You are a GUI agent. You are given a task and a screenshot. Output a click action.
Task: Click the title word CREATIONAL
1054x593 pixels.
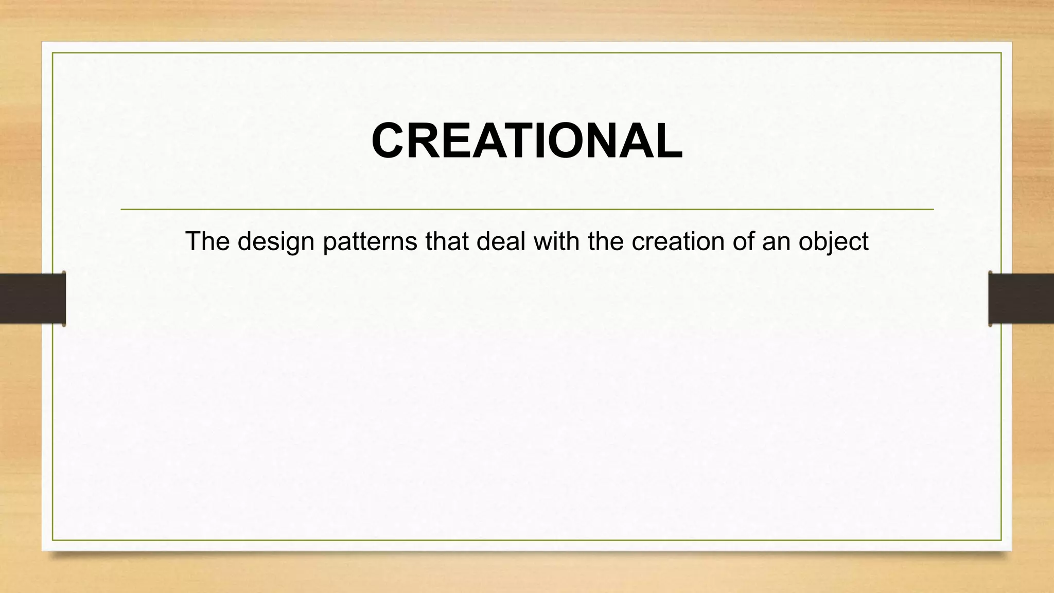[x=526, y=141]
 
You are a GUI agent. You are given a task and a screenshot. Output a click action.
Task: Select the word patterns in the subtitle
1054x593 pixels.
[x=370, y=241]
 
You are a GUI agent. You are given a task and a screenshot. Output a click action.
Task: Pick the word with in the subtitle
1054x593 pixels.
[x=557, y=241]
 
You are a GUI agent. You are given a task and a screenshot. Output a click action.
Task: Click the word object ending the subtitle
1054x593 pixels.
[x=833, y=242]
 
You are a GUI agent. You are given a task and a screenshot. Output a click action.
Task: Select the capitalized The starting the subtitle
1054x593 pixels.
[x=207, y=241]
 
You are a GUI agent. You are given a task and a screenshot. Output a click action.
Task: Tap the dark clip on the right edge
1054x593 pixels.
[x=1021, y=299]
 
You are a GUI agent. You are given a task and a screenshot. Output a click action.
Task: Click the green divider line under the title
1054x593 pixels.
[x=526, y=210]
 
